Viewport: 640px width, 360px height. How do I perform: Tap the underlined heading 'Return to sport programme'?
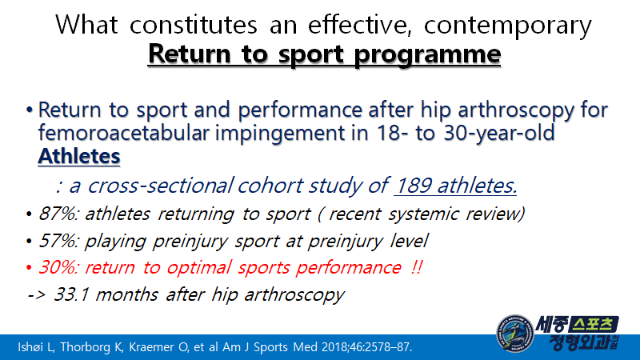click(325, 55)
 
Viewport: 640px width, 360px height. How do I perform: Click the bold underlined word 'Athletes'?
click(79, 155)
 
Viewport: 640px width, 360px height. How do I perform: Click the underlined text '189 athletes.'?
click(456, 186)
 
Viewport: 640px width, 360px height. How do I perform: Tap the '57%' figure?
click(53, 241)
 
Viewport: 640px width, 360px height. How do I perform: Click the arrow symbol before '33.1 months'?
click(36, 294)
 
